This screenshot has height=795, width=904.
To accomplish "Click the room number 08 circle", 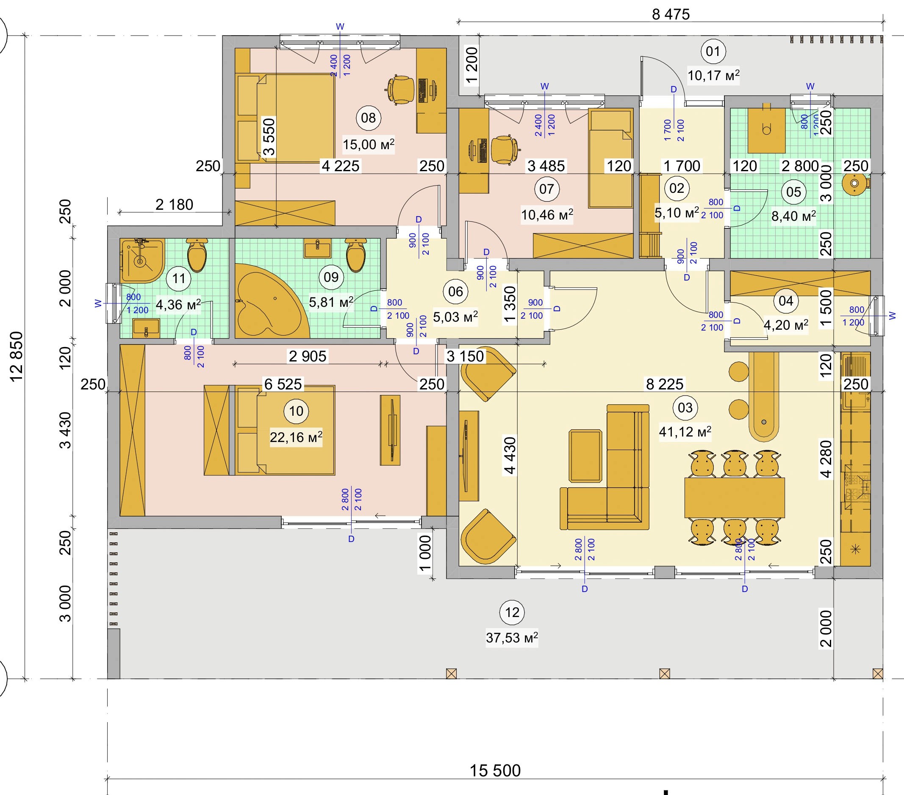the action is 368,118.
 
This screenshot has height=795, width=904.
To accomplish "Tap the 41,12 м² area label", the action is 685,431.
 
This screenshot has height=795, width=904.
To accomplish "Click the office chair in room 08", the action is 400,90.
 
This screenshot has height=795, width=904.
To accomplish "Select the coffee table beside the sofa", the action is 585,455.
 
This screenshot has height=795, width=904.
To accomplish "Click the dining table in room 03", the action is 735,498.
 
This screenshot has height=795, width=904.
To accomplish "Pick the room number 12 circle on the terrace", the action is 512,612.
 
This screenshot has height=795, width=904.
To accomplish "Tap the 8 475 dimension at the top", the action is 671,14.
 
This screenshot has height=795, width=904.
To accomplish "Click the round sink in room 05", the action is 854,183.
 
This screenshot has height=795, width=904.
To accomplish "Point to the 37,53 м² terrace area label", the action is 512,637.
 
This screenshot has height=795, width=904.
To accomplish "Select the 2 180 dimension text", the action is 174,205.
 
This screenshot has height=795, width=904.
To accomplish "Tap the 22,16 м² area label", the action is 296,437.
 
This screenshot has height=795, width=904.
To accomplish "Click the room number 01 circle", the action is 713,51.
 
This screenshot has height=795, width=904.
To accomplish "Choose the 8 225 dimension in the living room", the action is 664,384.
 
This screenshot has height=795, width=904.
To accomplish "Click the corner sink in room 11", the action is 141,260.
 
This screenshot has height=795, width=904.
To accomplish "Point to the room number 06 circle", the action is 455,292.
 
